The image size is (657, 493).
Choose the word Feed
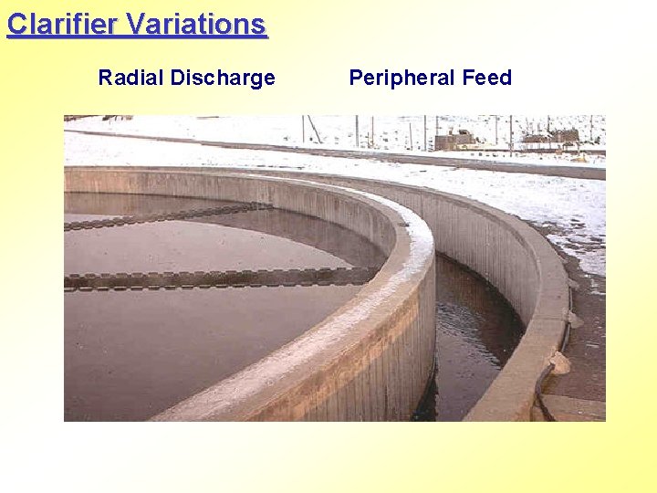pyautogui.click(x=487, y=79)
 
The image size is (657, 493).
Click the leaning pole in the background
pyautogui.click(x=314, y=129)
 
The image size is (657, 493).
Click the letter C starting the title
pyautogui.click(x=16, y=24)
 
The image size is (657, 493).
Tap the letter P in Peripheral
pyautogui.click(x=356, y=79)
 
